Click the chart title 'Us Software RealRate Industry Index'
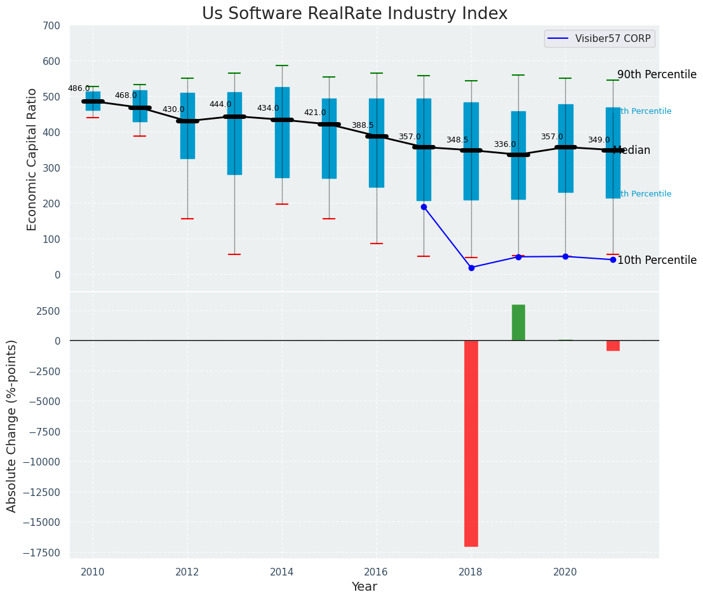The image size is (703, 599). pos(354,14)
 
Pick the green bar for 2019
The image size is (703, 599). pos(518,322)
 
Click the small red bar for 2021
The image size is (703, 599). pos(613,345)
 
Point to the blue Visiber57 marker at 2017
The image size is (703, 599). pos(424,207)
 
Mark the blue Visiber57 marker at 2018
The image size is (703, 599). pos(471,268)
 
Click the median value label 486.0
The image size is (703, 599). pos(79,88)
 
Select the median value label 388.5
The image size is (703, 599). pos(363,125)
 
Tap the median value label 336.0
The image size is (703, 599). pos(505,144)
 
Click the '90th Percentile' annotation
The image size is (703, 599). pos(657,74)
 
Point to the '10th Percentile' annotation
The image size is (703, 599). pos(657,260)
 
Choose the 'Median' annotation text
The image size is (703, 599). pos(632,151)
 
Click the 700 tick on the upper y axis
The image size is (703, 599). pos(51,25)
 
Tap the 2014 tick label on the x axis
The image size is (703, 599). pos(282,572)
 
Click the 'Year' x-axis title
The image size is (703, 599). pos(365,587)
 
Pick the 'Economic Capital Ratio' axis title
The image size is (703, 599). pos(32,159)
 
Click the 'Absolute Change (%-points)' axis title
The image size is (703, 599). pos(12,425)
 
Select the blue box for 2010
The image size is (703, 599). pos(93,101)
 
